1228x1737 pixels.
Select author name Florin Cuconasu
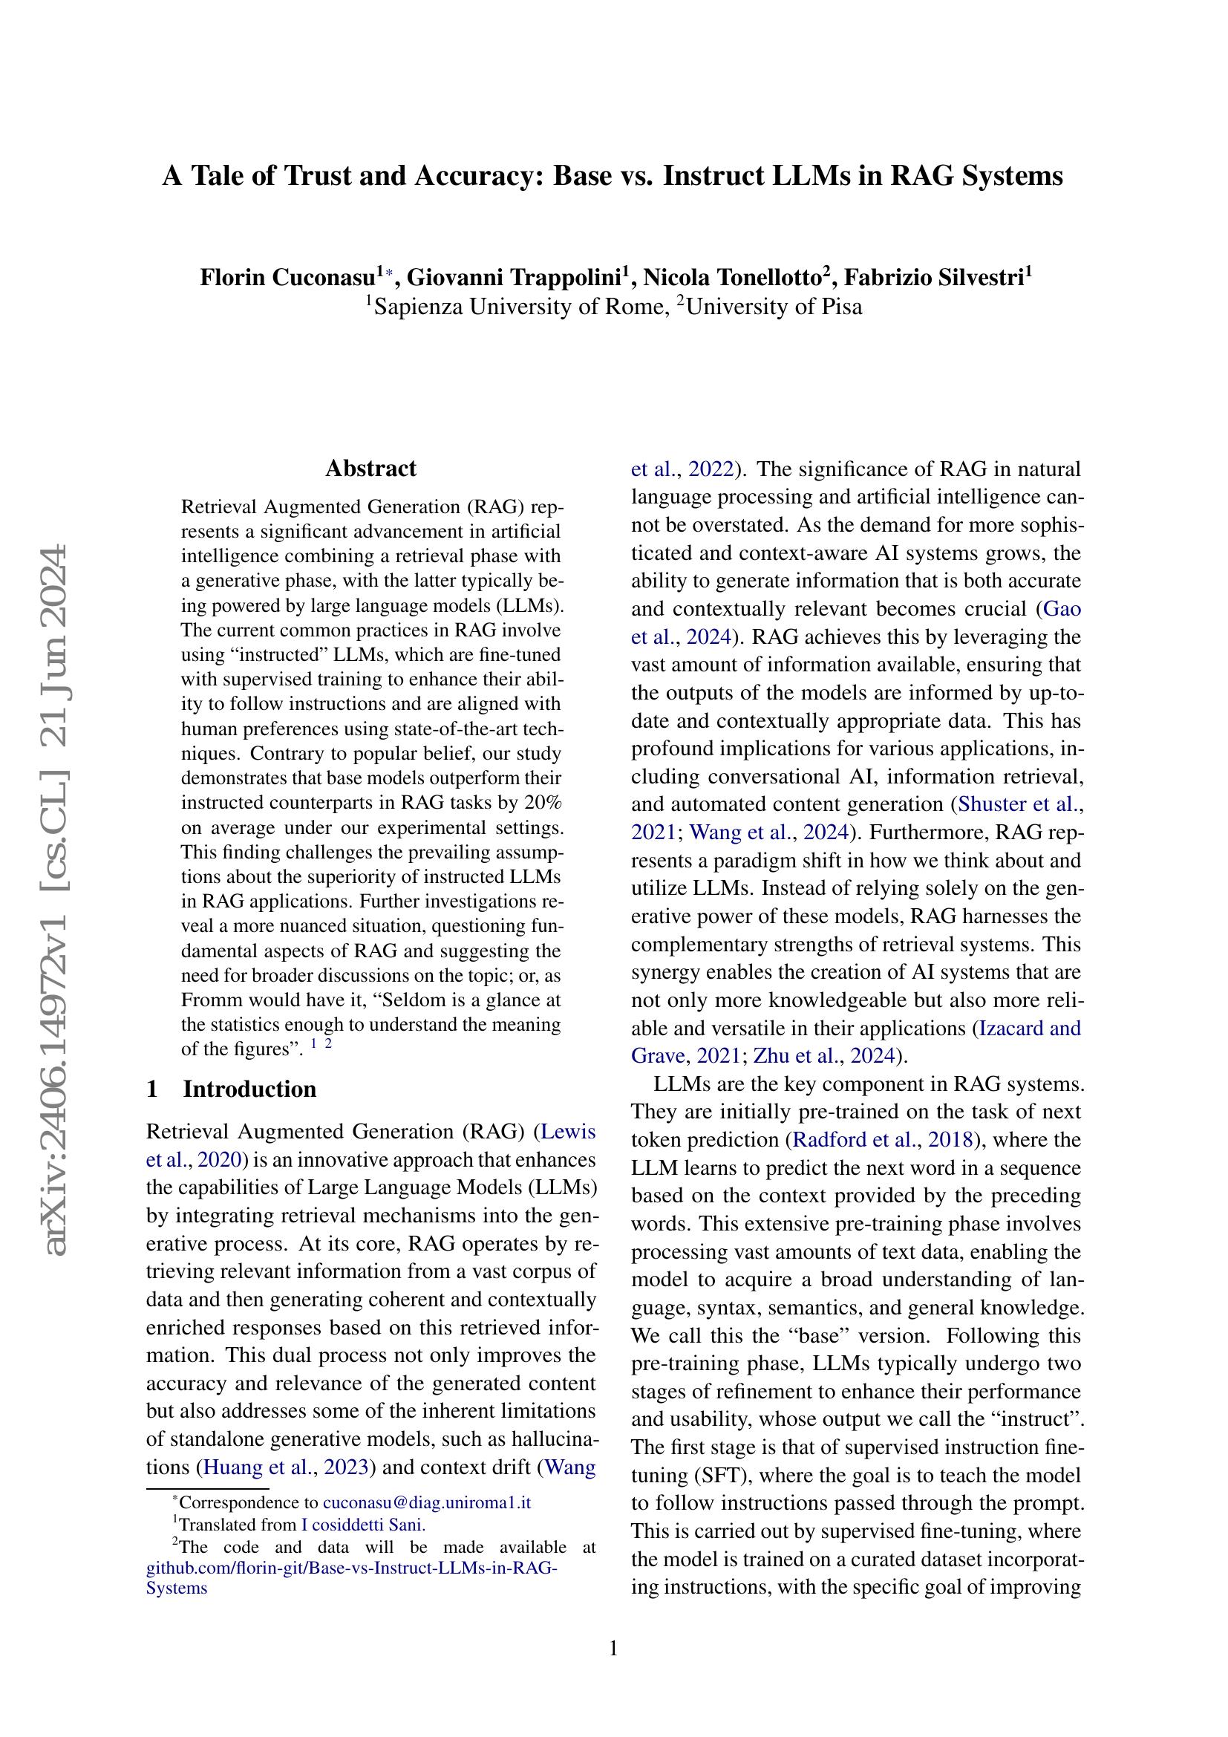coord(287,278)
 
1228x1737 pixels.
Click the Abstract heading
coord(370,469)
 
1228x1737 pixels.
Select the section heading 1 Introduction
coord(232,1089)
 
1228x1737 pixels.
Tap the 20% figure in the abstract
coord(545,803)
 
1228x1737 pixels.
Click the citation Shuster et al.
coord(1018,804)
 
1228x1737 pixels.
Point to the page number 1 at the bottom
coord(613,1648)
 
